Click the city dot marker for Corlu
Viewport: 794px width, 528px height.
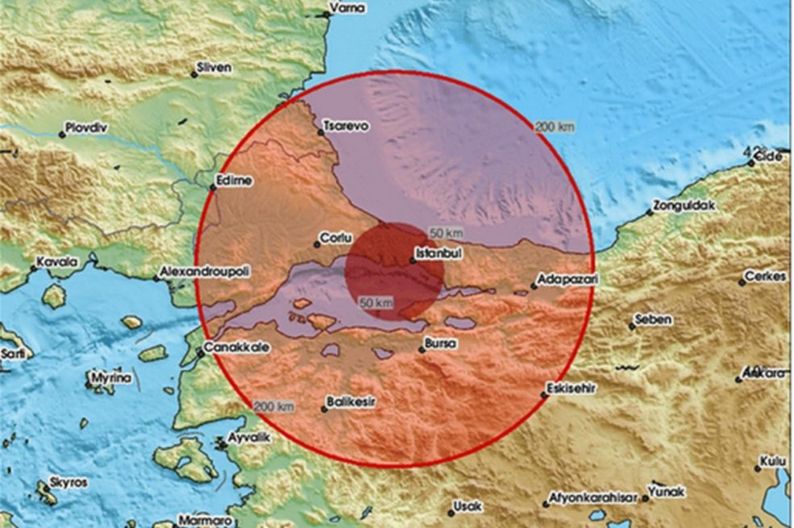[x=318, y=244]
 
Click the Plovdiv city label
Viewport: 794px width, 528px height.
[x=89, y=128]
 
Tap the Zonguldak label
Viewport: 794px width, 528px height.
[x=684, y=206]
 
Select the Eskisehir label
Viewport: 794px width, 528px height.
[x=571, y=388]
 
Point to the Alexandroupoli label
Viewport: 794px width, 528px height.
[x=205, y=272]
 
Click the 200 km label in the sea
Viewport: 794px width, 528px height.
[x=555, y=127]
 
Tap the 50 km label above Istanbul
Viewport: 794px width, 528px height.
[x=446, y=234]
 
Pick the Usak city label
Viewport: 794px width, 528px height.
[x=468, y=507]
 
